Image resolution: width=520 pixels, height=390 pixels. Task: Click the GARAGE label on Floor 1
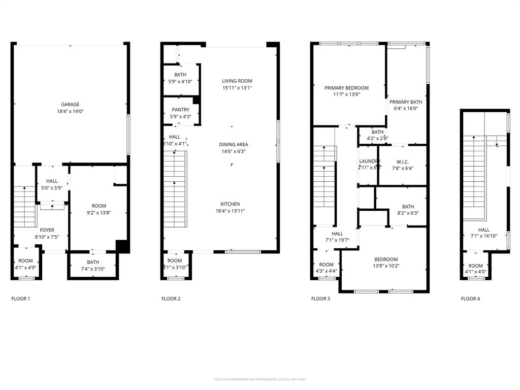click(70, 105)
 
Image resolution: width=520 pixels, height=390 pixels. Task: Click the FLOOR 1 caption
click(21, 299)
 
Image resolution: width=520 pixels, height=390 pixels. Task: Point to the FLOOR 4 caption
click(470, 299)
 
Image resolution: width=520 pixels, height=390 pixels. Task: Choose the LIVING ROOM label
click(237, 81)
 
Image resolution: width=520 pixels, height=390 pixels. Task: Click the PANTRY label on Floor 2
click(180, 110)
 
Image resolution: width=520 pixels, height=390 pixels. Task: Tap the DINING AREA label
click(234, 144)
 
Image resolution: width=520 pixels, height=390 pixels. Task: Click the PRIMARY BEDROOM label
click(346, 88)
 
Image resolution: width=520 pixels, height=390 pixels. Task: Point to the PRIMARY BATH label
click(406, 102)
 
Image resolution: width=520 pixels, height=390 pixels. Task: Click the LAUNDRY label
click(369, 161)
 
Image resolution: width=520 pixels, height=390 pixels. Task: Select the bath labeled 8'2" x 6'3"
click(408, 210)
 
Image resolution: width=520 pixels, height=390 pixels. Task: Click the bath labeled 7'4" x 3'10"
click(92, 265)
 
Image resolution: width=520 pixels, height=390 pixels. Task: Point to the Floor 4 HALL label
click(483, 230)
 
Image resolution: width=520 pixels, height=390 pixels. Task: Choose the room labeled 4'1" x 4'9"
click(25, 264)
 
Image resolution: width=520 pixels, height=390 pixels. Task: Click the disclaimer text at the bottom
click(259, 379)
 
